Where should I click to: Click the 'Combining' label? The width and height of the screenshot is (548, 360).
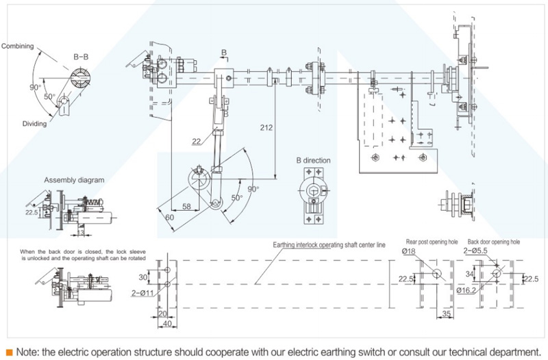pos(17,46)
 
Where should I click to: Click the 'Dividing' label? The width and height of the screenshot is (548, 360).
pos(34,124)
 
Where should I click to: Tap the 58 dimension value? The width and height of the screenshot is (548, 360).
pos(186,206)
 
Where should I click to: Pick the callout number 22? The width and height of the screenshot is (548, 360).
pos(197,141)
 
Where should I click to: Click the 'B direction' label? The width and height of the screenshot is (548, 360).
pos(313,161)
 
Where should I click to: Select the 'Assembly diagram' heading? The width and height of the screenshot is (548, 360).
pos(75,180)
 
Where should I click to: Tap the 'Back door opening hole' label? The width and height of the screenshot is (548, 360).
pos(494,242)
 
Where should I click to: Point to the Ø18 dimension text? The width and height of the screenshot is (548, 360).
pos(409,252)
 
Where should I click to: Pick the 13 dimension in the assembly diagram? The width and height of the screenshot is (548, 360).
pos(80,233)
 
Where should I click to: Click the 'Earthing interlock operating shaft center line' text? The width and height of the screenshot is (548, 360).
pos(329,244)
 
